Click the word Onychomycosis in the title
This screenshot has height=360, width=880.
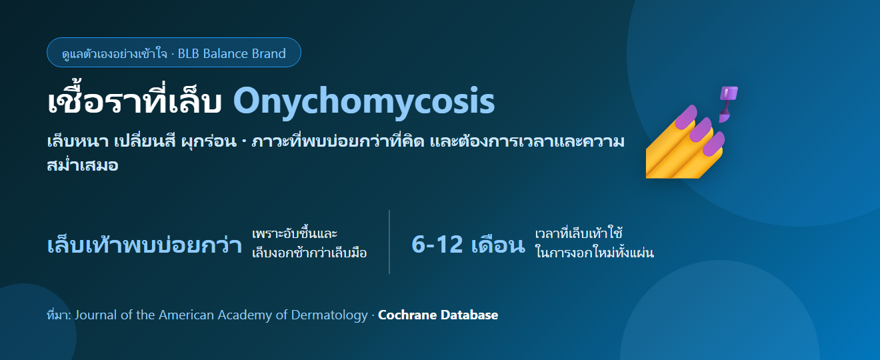coord(364,101)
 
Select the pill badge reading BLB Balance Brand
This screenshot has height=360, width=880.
coord(173,52)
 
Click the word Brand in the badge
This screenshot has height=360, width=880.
coord(269,53)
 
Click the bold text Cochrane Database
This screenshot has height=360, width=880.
coord(438,315)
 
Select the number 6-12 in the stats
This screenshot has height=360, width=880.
coord(437,245)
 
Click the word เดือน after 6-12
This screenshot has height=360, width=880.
coord(498,245)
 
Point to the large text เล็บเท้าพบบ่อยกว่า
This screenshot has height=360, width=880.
coord(145,245)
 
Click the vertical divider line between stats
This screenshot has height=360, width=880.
coord(389,242)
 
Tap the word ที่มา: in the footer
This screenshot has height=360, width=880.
coord(59,315)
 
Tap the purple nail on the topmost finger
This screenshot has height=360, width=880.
coord(686,117)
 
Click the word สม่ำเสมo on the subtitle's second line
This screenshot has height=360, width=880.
coord(83,165)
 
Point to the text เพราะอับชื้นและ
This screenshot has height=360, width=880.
coord(295,233)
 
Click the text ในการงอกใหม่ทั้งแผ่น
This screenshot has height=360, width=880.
coord(595,252)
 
